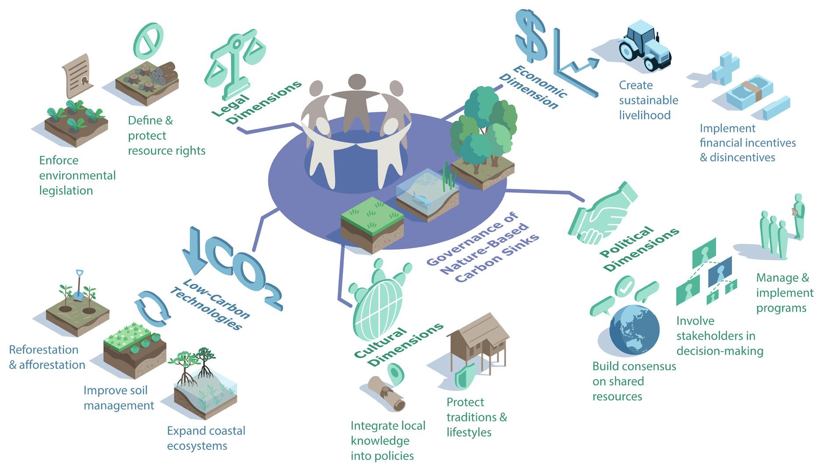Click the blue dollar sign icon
[x=531, y=36]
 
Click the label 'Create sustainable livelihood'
[x=648, y=100]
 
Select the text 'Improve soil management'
[x=119, y=398]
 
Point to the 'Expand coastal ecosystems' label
[x=206, y=438]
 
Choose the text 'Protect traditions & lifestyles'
[x=477, y=417]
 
